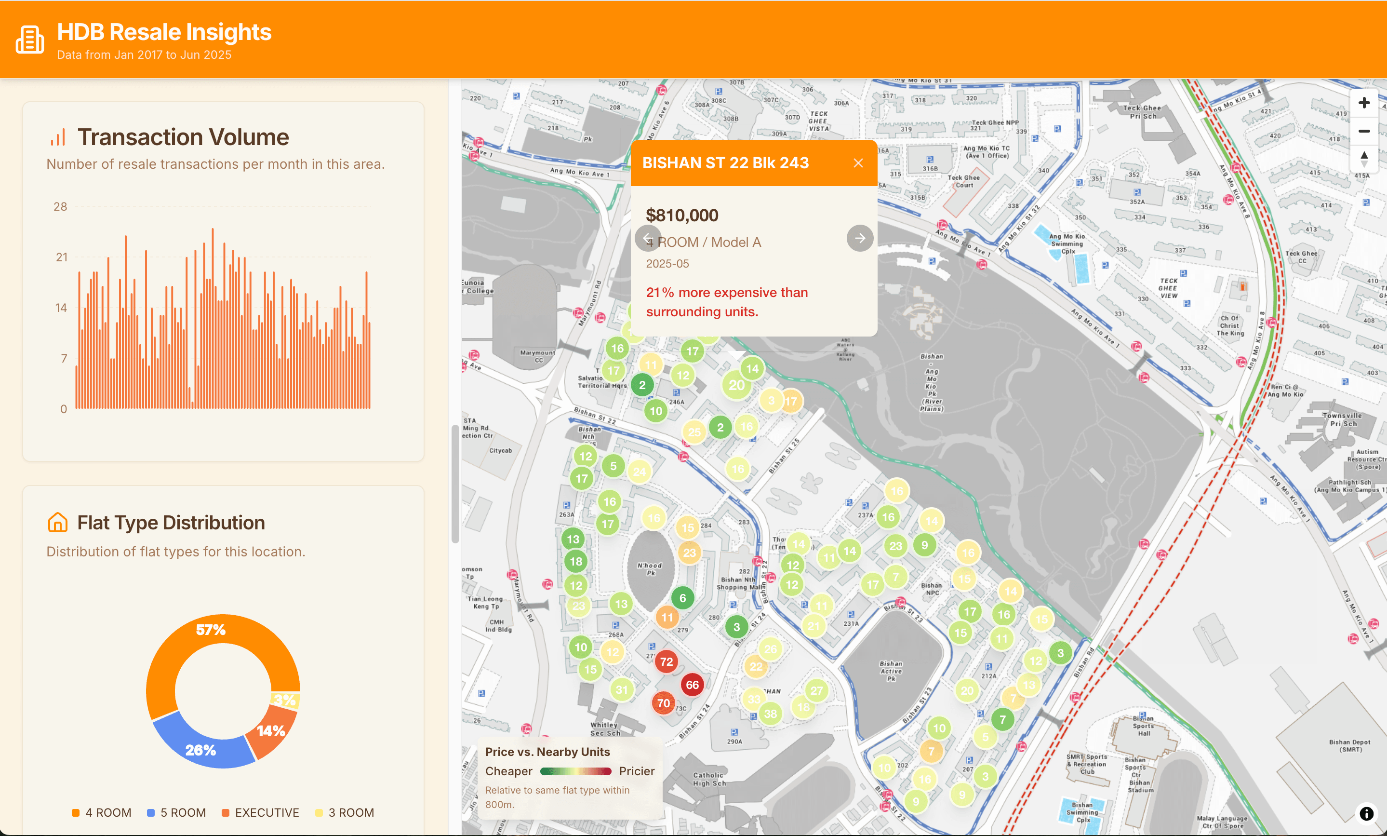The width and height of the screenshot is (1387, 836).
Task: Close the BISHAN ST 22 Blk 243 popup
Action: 858,163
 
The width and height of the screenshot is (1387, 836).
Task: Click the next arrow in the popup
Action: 860,238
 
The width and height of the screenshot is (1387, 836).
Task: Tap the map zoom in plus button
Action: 1363,103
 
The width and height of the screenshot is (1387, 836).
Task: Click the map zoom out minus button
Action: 1363,132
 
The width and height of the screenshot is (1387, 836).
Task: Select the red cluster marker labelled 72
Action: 667,661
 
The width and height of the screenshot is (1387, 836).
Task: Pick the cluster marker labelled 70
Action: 664,702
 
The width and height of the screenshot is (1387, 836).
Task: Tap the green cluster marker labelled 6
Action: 682,598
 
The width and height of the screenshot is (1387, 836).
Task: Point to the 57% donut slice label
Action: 211,629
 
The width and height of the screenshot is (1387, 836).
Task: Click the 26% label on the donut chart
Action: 200,750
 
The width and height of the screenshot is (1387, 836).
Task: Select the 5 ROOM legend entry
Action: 177,812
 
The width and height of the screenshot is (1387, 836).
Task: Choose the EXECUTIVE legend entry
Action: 261,812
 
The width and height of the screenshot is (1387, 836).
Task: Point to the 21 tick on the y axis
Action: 61,257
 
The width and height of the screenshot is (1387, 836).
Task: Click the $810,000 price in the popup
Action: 681,215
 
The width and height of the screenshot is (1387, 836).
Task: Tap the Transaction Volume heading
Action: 183,137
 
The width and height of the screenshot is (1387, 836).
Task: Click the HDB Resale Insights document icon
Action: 30,40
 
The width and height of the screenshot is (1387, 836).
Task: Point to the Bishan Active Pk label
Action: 891,671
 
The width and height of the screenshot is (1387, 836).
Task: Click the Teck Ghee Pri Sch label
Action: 1142,112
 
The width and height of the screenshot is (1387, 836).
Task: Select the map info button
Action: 1366,813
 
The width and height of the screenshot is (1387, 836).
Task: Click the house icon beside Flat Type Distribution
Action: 57,523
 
